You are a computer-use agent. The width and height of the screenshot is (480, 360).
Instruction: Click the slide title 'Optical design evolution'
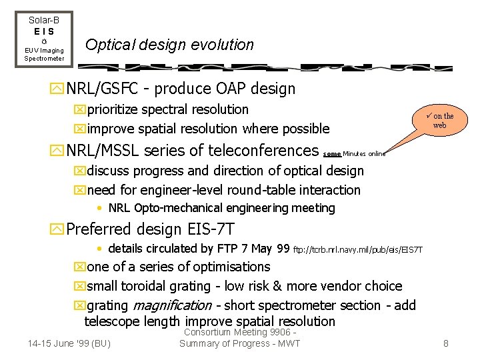(x=169, y=45)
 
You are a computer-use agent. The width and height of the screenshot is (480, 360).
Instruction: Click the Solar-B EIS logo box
(x=44, y=39)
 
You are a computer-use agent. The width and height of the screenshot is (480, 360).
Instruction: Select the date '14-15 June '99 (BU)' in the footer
(x=69, y=343)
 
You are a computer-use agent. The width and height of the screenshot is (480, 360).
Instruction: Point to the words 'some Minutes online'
(x=354, y=153)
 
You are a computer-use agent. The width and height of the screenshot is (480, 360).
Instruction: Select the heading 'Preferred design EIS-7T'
(x=151, y=229)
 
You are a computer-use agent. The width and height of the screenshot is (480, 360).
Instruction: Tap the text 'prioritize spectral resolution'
(x=167, y=109)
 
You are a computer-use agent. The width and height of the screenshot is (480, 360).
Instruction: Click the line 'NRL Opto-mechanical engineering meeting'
(x=221, y=208)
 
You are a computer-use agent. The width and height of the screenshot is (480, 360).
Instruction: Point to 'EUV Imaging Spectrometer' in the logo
(x=44, y=54)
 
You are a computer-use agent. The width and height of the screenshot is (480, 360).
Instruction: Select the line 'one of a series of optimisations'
(x=178, y=267)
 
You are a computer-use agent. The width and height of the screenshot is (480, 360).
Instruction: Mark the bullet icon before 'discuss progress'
(x=81, y=171)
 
